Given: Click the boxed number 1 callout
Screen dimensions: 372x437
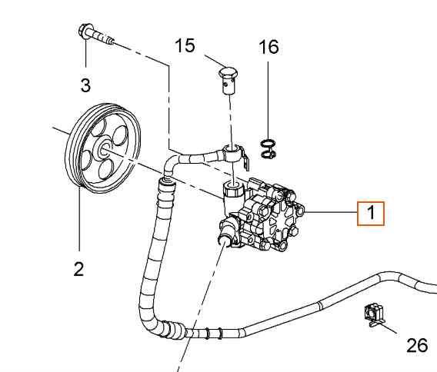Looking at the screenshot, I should coord(370,212).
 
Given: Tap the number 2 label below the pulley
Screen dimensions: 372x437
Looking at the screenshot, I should coord(78,269).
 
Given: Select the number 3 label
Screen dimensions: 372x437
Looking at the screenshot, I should coord(85,83).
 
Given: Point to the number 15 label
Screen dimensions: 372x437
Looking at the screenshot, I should coord(184,46).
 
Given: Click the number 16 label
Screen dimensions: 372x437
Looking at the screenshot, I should coord(268,47).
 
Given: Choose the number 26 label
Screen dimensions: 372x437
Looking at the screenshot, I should coord(416,345).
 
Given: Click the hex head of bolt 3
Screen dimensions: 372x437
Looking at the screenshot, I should coord(85,32).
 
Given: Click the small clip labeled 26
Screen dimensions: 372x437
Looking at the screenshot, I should coord(372,314).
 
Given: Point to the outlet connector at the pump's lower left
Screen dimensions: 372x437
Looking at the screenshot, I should coord(227,231).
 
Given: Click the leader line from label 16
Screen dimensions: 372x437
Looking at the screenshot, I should coord(268,100).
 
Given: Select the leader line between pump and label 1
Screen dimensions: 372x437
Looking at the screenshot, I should coord(331,211).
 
